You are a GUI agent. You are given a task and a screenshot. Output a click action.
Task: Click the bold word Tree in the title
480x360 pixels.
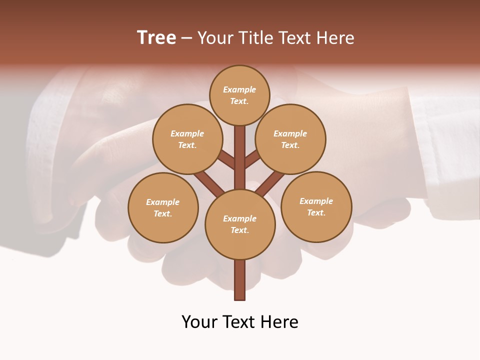[x=156, y=37]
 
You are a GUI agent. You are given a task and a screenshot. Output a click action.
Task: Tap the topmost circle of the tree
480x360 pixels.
[x=239, y=95]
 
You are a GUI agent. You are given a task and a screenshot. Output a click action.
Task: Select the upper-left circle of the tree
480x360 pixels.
[x=187, y=139]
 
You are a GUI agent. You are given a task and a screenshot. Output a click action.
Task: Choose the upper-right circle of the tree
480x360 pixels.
[x=290, y=139]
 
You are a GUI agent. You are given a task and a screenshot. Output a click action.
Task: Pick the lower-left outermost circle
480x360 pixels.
[x=163, y=207]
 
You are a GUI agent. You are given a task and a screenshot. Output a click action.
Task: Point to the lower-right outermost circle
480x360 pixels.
[x=316, y=206]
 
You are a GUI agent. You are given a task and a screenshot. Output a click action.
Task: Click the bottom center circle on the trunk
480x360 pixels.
[x=240, y=224]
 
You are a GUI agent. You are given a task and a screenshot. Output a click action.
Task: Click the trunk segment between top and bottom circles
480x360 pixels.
[x=240, y=157]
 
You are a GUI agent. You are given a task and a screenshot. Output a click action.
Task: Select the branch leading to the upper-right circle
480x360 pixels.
[x=252, y=160]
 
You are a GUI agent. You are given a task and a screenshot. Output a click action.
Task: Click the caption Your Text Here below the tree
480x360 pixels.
[x=240, y=321]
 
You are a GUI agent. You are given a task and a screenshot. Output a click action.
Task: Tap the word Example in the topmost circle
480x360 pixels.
[x=239, y=89]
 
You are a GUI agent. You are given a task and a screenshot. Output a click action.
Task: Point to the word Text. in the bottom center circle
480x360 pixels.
[x=239, y=230]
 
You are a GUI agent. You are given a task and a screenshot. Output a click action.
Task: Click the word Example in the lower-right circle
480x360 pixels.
[x=316, y=201]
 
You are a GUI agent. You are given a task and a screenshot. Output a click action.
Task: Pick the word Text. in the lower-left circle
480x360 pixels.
[x=162, y=214]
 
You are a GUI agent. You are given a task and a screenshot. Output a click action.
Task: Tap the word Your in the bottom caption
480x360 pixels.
[x=199, y=321]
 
